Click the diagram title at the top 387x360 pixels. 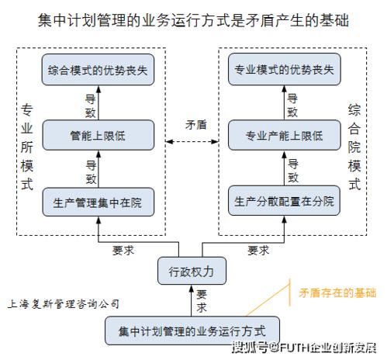click(193, 19)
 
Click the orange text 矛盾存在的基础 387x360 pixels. click(337, 292)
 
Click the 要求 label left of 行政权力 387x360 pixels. click(124, 250)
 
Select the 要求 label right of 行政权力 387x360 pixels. click(258, 250)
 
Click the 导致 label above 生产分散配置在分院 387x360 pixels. click(292, 170)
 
